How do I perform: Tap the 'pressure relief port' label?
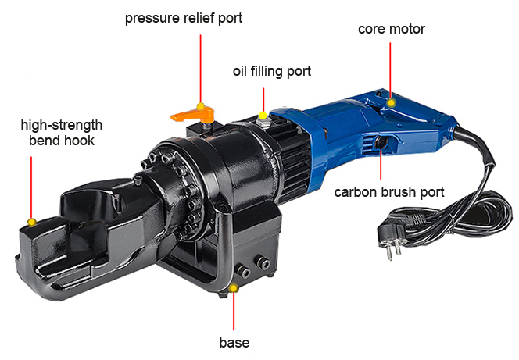tap(184, 18)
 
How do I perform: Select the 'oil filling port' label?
tap(272, 71)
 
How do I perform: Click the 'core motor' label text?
tap(392, 29)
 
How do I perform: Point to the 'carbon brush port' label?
tap(389, 192)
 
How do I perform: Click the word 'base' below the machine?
tap(234, 343)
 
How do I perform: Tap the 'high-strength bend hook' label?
tap(62, 133)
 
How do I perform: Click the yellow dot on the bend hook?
tap(32, 222)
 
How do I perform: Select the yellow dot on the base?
tap(234, 288)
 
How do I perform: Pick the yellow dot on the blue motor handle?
tap(391, 103)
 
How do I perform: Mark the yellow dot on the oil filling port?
tap(263, 116)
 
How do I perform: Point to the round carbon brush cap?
tap(381, 143)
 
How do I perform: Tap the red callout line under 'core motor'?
tap(390, 71)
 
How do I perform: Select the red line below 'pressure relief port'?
tap(200, 69)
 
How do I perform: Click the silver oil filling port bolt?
tap(263, 121)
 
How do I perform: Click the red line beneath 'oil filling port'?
tap(263, 100)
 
